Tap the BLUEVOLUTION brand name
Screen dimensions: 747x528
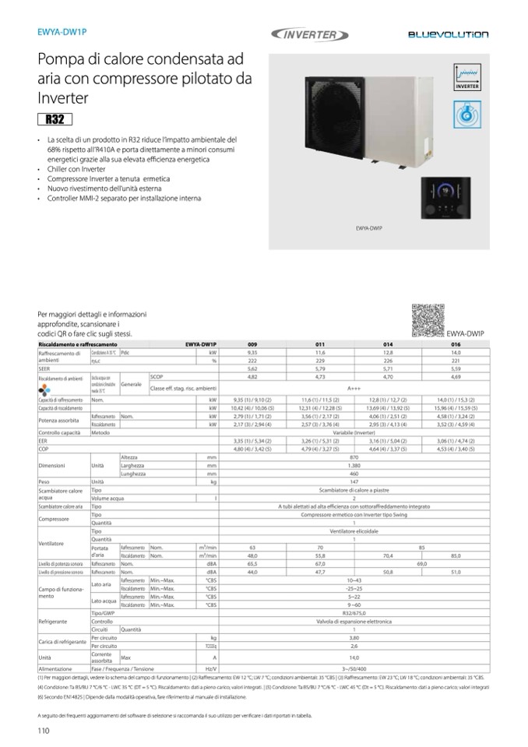click(448, 35)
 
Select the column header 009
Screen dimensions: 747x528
click(252, 344)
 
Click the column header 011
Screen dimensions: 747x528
click(319, 344)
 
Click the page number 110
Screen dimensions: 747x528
click(44, 730)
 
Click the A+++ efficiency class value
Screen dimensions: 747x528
click(354, 387)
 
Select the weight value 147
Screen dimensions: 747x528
click(354, 482)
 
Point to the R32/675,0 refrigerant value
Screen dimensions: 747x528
click(354, 614)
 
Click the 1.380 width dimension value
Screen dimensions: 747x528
click(354, 465)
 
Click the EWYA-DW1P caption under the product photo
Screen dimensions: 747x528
click(368, 228)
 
